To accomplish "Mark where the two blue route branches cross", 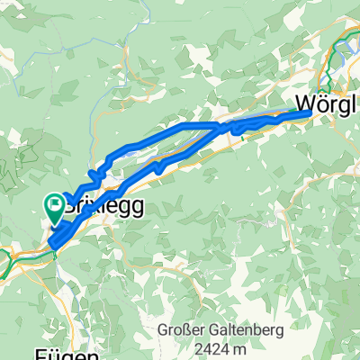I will point(220,129).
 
